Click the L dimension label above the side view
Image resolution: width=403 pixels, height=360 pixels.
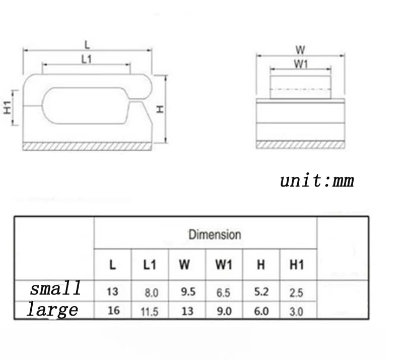[x=87, y=45]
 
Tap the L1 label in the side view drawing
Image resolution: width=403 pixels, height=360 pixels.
[x=87, y=59]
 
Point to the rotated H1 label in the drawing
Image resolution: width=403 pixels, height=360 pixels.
[x=8, y=107]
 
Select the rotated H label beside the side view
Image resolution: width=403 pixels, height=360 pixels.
[x=160, y=109]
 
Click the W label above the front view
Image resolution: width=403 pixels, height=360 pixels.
[x=300, y=50]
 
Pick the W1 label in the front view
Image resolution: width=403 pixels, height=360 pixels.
[x=301, y=64]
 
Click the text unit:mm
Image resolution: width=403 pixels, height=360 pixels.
[x=317, y=181]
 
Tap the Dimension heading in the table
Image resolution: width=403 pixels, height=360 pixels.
[x=215, y=234]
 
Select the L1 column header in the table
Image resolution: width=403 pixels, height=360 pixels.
[x=150, y=265]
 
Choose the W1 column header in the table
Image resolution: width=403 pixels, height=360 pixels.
[x=224, y=265]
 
